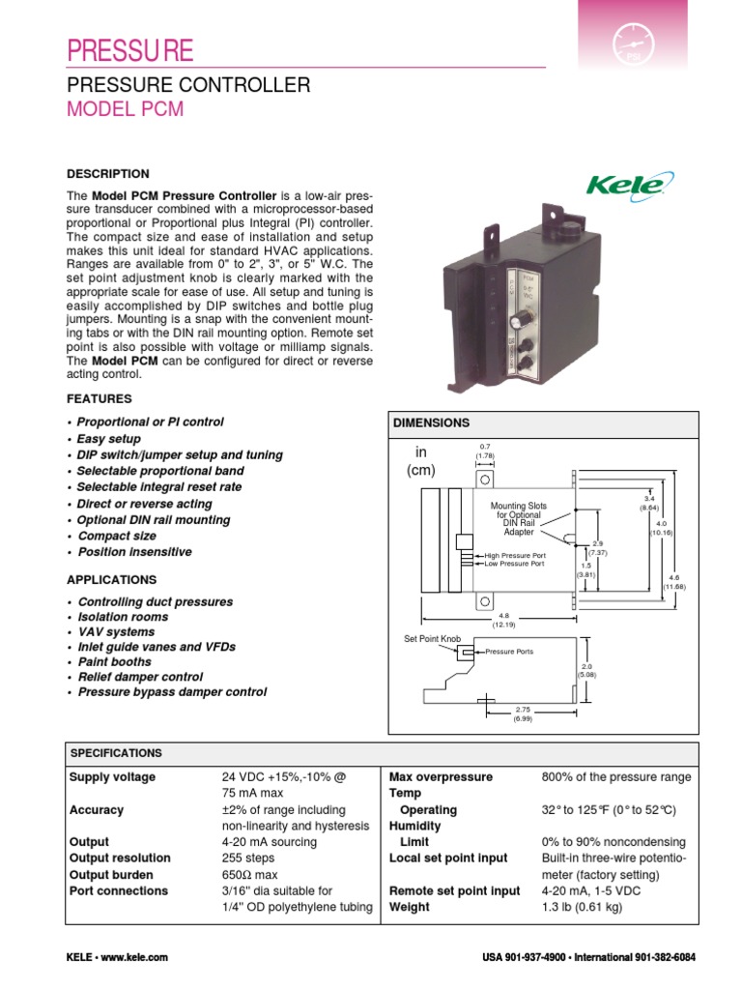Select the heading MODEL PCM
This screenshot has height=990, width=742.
[x=125, y=109]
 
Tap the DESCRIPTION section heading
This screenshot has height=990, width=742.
[x=107, y=174]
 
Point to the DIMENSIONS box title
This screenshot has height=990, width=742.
[x=431, y=423]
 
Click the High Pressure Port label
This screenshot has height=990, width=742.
[x=509, y=556]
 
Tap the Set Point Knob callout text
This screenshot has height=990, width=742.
[x=432, y=639]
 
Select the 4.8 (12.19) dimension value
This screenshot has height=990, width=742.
[x=503, y=620]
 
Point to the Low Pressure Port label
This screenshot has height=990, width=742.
[x=508, y=565]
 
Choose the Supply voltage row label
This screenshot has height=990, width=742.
[x=112, y=777]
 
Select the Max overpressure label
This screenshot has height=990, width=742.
[x=441, y=777]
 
